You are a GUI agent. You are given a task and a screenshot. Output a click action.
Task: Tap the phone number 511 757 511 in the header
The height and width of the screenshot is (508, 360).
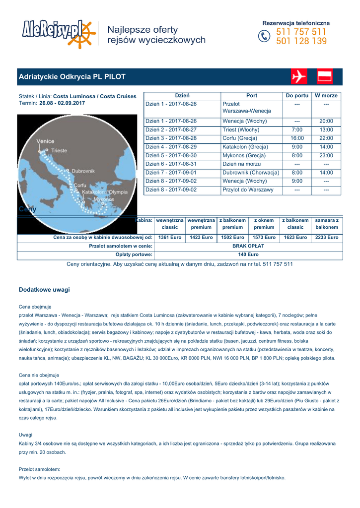[x=301, y=32]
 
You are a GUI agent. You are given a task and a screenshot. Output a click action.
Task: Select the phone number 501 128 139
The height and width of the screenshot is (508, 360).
[x=301, y=42]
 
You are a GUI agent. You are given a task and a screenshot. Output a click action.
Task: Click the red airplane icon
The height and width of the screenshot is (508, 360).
[x=299, y=77]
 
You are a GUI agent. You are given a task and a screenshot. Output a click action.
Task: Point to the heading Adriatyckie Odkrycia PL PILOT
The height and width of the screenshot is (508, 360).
[x=72, y=77]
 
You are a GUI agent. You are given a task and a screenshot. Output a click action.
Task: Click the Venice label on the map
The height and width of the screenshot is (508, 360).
[x=46, y=141]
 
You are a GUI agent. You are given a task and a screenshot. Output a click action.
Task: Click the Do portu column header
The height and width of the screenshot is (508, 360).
[x=297, y=95]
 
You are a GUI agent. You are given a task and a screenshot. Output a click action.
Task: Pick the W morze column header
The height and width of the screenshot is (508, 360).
[x=326, y=95]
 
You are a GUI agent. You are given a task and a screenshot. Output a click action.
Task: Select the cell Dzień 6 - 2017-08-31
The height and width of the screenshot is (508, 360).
[x=171, y=164]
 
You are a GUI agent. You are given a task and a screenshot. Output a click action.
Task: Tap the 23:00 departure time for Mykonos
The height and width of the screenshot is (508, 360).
[x=326, y=156]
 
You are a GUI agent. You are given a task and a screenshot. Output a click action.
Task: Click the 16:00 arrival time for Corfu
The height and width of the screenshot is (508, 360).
[x=297, y=138]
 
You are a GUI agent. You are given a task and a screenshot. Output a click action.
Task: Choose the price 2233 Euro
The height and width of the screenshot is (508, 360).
[x=327, y=238]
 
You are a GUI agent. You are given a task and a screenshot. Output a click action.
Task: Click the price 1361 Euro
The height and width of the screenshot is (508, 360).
[x=170, y=238]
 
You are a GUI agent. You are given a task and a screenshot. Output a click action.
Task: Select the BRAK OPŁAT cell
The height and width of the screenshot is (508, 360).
[x=248, y=246]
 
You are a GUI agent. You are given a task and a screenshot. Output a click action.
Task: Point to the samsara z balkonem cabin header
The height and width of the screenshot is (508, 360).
[x=327, y=223]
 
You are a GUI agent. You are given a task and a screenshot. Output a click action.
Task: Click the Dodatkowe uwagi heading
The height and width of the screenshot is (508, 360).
[x=44, y=290]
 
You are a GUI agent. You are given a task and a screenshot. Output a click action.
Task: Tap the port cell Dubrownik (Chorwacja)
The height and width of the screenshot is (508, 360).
[x=251, y=173]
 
